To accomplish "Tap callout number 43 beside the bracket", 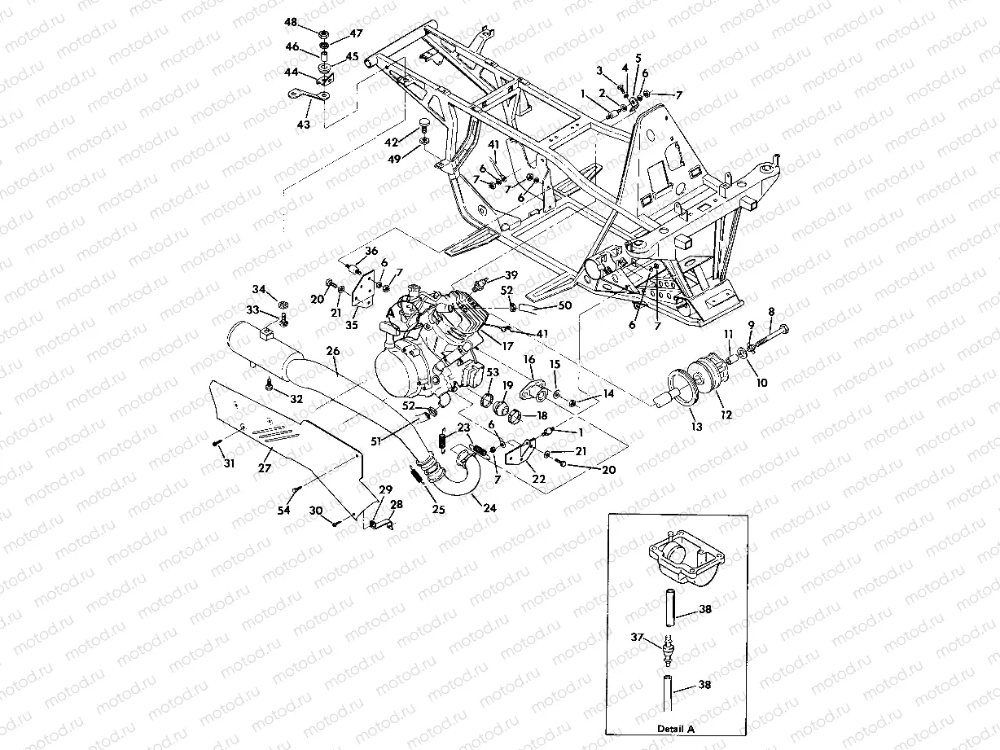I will point(304,125).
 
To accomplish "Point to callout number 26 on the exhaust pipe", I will point(332,351).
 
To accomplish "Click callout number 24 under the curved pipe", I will point(489,507).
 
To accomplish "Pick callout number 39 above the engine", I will point(511,274).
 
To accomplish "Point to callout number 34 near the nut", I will point(258,290).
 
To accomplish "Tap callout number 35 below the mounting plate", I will point(353,325).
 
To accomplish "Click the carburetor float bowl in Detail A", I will point(678,561).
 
